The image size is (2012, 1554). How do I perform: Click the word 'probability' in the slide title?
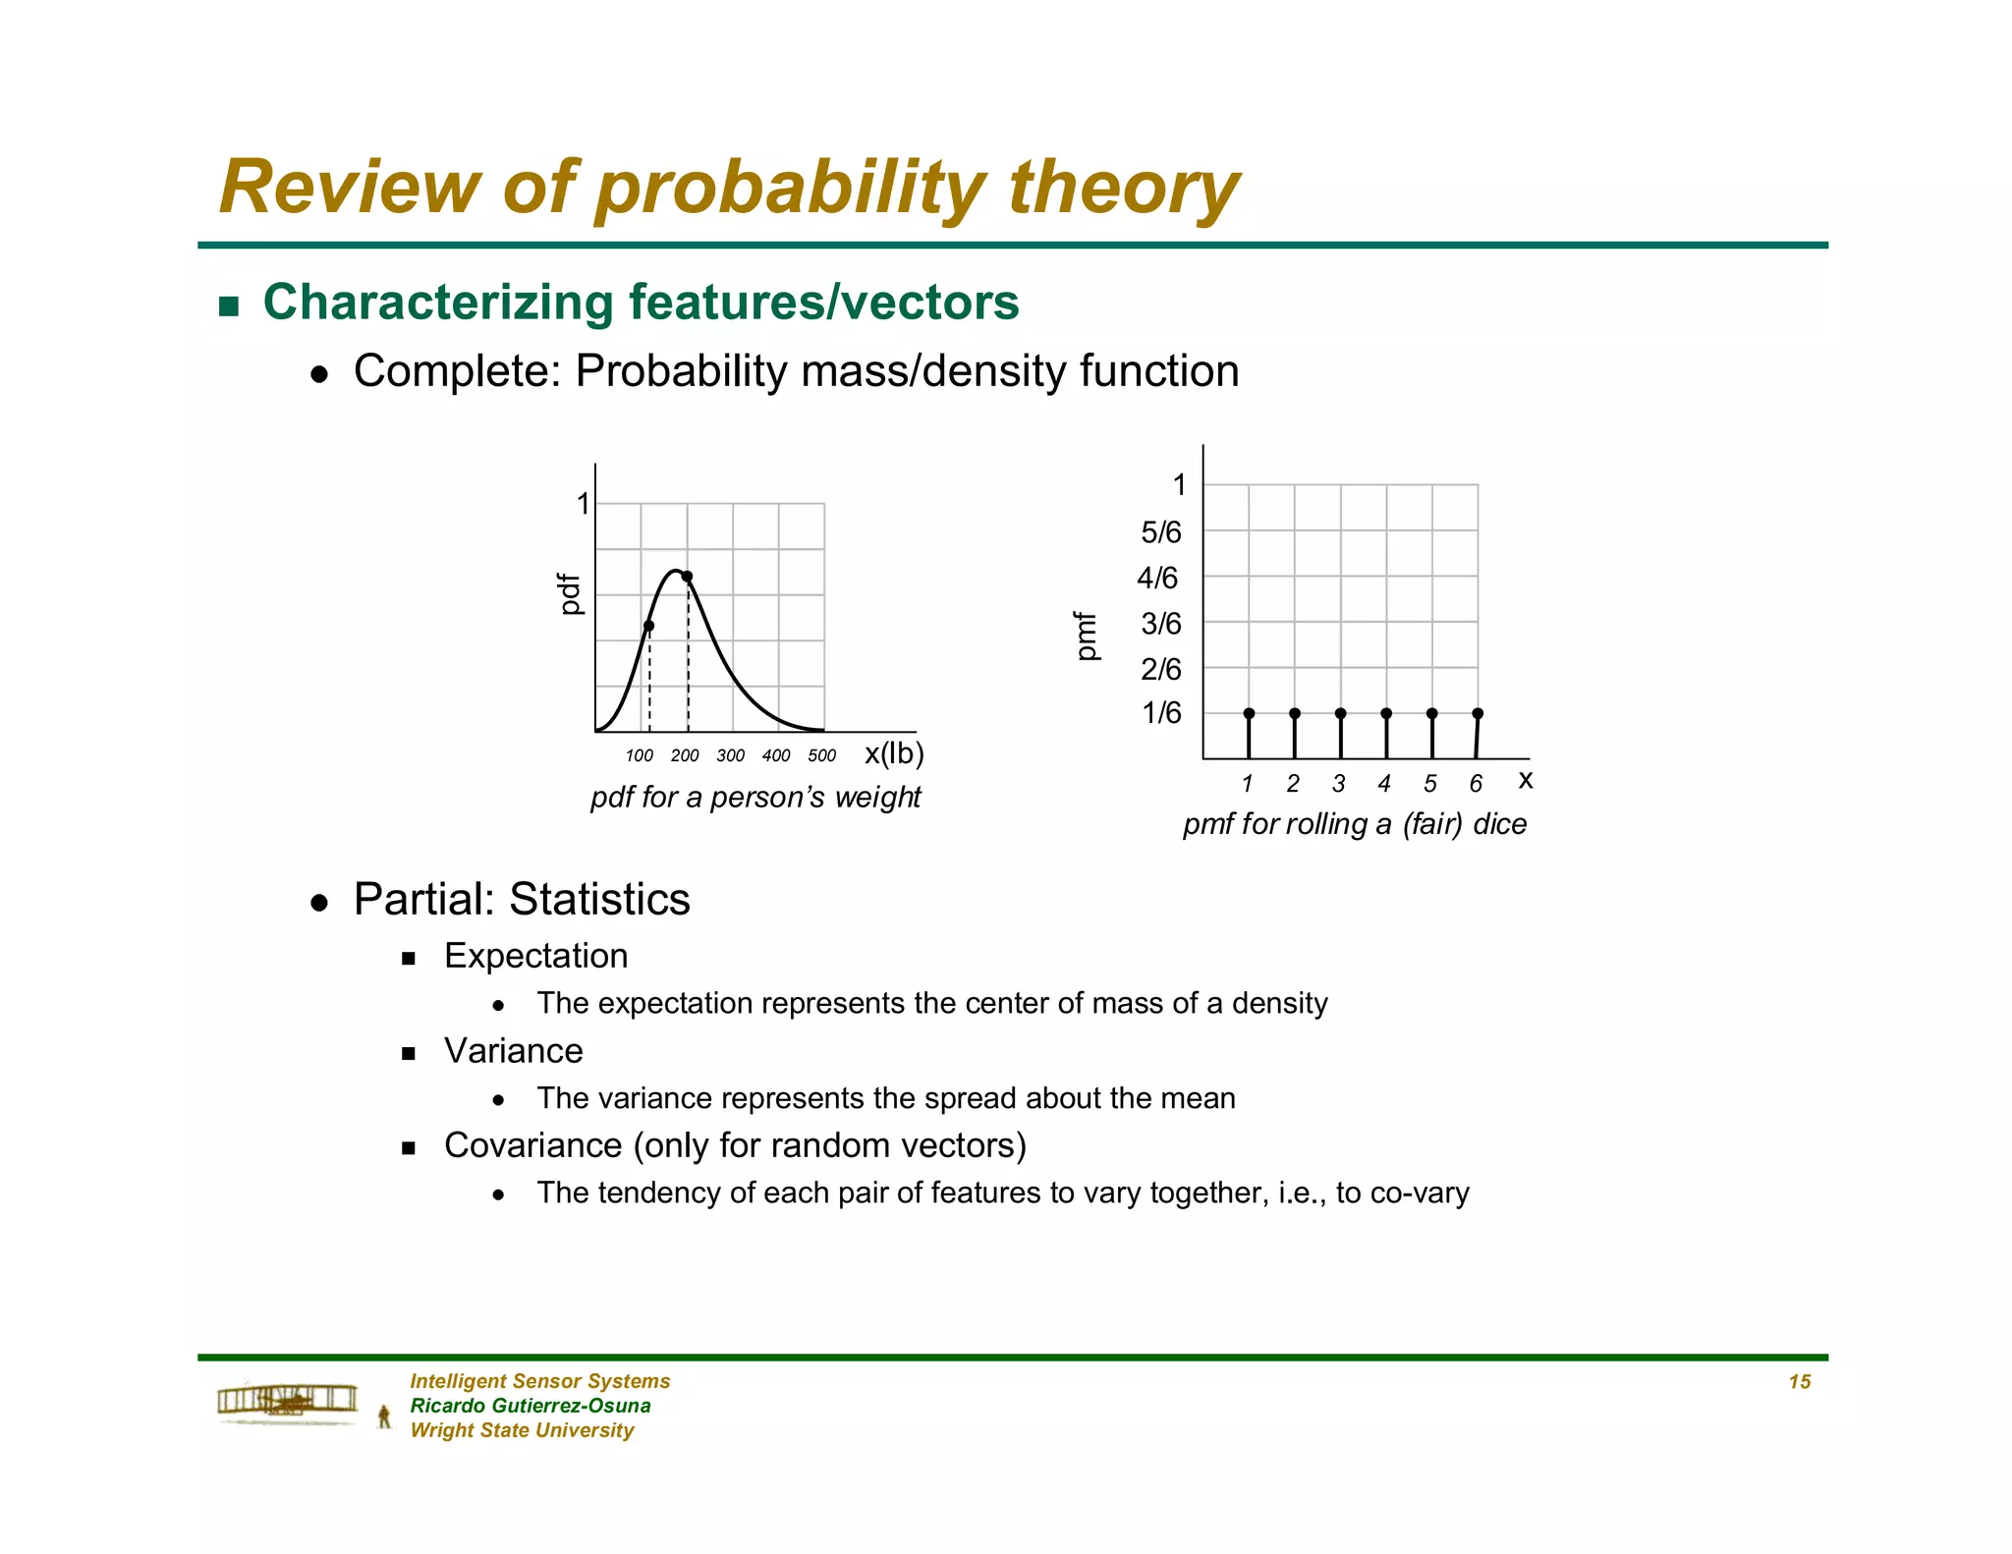pyautogui.click(x=791, y=189)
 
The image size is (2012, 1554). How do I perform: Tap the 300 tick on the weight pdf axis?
pyautogui.click(x=730, y=755)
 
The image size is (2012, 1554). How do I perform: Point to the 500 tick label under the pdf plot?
pyautogui.click(x=821, y=755)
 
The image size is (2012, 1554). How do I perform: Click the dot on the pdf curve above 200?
pyautogui.click(x=687, y=577)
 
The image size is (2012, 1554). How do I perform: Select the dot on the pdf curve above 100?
pyautogui.click(x=648, y=626)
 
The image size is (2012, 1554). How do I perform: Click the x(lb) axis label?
pyautogui.click(x=894, y=753)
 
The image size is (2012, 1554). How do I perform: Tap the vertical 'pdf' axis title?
pyautogui.click(x=569, y=594)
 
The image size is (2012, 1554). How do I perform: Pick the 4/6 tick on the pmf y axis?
pyautogui.click(x=1157, y=578)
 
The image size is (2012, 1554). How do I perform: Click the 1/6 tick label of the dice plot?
pyautogui.click(x=1161, y=713)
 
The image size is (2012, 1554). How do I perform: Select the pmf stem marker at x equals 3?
pyautogui.click(x=1340, y=713)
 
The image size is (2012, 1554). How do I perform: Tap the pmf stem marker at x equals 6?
pyautogui.click(x=1478, y=713)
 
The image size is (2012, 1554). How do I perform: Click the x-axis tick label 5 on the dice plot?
pyautogui.click(x=1429, y=783)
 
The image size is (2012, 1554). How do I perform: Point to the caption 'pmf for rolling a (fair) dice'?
pyautogui.click(x=1354, y=823)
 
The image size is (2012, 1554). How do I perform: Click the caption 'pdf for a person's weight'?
pyautogui.click(x=754, y=797)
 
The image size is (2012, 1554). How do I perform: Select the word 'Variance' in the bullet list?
pyautogui.click(x=513, y=1051)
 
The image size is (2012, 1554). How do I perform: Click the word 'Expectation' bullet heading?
pyautogui.click(x=535, y=956)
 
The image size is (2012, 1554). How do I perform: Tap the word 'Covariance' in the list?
pyautogui.click(x=532, y=1145)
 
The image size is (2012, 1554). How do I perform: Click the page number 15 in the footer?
pyautogui.click(x=1799, y=1382)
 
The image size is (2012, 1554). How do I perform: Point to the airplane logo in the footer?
pyautogui.click(x=287, y=1402)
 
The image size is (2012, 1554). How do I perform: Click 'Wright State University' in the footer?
pyautogui.click(x=522, y=1430)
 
